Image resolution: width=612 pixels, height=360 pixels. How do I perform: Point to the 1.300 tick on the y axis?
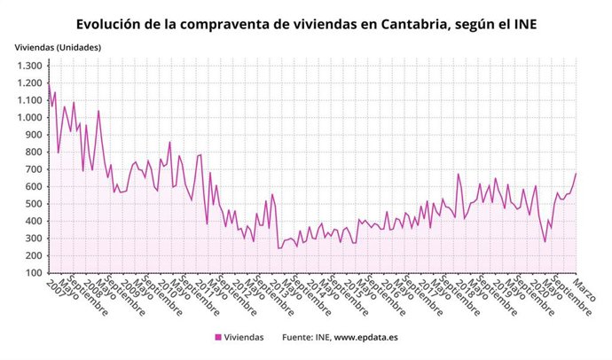pyautogui.click(x=28, y=66)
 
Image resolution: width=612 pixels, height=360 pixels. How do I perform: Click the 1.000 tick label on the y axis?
pyautogui.click(x=28, y=117)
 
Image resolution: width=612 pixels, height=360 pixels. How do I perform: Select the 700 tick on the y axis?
pyautogui.click(x=33, y=168)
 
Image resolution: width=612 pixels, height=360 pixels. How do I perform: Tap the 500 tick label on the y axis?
pyautogui.click(x=33, y=203)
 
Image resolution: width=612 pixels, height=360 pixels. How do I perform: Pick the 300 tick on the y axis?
pyautogui.click(x=33, y=238)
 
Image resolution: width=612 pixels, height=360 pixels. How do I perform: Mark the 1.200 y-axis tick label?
pyautogui.click(x=28, y=82)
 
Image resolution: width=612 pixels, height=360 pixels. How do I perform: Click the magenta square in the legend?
pyautogui.click(x=218, y=337)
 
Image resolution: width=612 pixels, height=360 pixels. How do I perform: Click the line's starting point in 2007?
pyautogui.click(x=48, y=82)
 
